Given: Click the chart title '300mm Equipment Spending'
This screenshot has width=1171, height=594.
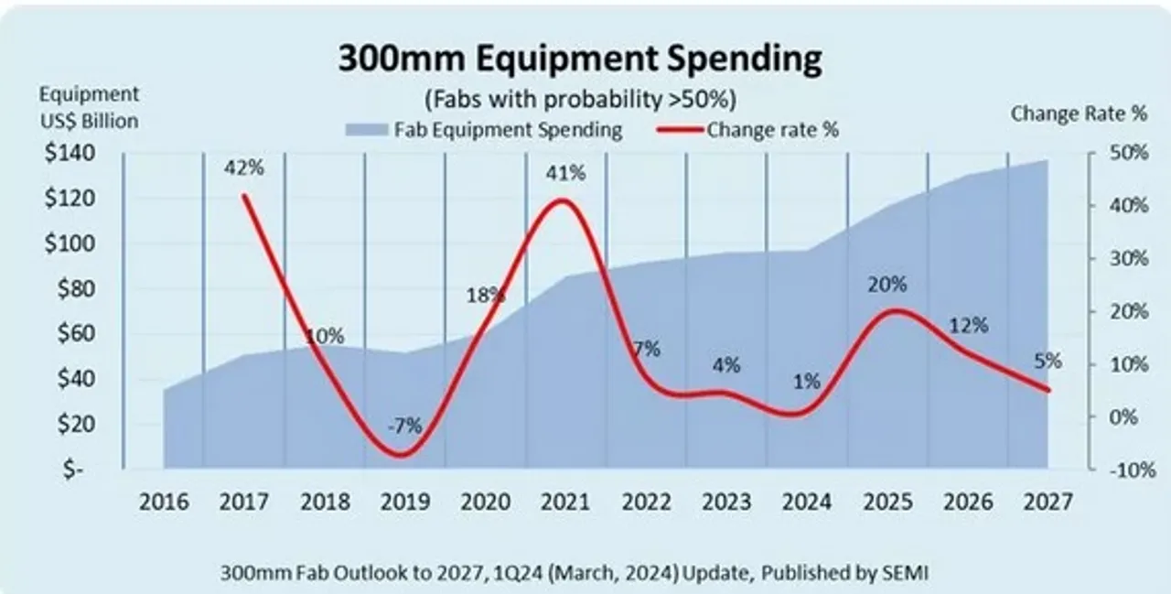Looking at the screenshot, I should (x=580, y=59).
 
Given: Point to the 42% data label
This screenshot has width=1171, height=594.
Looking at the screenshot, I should (x=245, y=167).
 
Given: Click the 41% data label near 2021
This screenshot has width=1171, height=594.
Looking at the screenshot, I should (x=565, y=173).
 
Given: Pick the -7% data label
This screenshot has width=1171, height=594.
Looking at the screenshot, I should (x=403, y=426).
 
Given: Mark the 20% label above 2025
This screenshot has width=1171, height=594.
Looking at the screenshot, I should (x=886, y=285).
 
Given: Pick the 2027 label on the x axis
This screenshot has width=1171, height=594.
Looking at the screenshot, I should (x=1047, y=502).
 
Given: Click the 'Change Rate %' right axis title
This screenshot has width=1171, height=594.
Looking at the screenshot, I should (x=1079, y=114).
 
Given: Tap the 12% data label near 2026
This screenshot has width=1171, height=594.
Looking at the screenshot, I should (x=968, y=325).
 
